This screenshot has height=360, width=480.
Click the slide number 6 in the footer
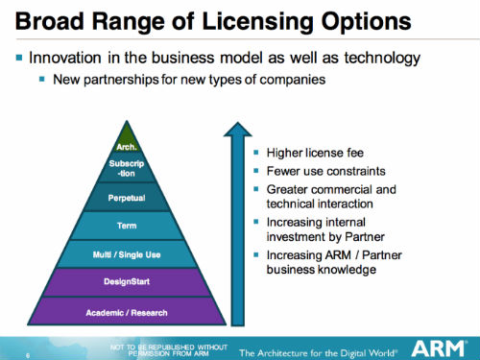pyautogui.click(x=26, y=353)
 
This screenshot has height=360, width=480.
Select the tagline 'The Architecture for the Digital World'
pyautogui.click(x=319, y=349)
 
